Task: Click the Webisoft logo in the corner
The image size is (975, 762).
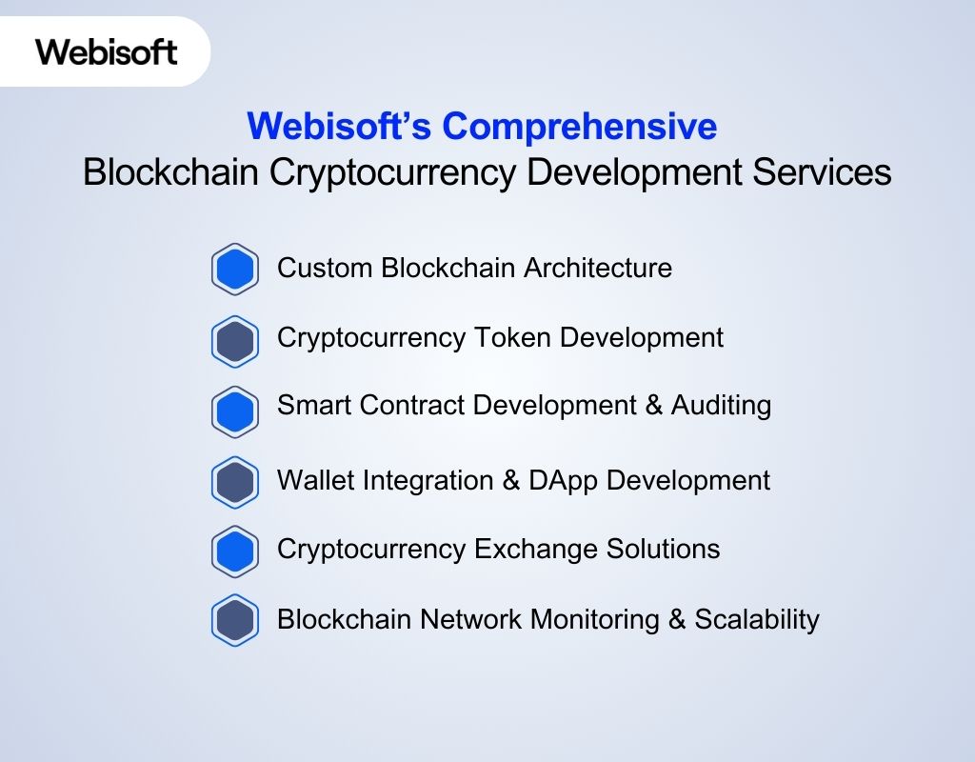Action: point(107,51)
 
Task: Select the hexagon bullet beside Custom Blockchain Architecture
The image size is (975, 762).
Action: point(235,270)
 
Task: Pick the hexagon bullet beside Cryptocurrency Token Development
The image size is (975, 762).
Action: point(235,340)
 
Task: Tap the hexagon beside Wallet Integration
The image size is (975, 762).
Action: point(235,482)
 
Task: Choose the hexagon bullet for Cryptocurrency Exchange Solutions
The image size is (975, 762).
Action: point(235,551)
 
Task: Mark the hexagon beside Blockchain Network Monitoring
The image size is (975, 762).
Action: point(235,621)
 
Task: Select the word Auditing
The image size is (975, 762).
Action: point(721,406)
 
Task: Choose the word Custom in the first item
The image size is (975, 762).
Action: point(325,269)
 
